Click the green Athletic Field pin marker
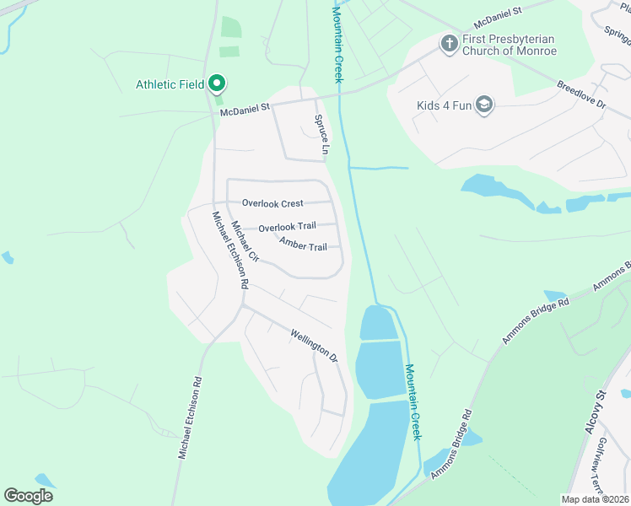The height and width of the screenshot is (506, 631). pyautogui.click(x=217, y=83)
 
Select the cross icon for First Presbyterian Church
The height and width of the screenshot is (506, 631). pyautogui.click(x=449, y=43)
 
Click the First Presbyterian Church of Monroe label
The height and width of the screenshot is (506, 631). pyautogui.click(x=509, y=45)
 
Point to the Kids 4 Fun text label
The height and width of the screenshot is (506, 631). pyautogui.click(x=444, y=106)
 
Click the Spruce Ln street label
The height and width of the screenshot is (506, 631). pyautogui.click(x=321, y=135)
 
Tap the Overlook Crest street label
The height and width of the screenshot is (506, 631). pyautogui.click(x=272, y=203)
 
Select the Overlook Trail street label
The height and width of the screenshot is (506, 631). pyautogui.click(x=287, y=228)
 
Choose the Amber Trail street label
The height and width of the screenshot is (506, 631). pyautogui.click(x=303, y=246)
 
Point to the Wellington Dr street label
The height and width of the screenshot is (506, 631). pyautogui.click(x=314, y=345)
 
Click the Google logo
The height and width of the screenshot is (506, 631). pyautogui.click(x=28, y=496)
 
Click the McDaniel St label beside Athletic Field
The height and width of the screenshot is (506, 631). pyautogui.click(x=245, y=108)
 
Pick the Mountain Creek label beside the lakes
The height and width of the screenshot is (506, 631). pyautogui.click(x=413, y=401)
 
